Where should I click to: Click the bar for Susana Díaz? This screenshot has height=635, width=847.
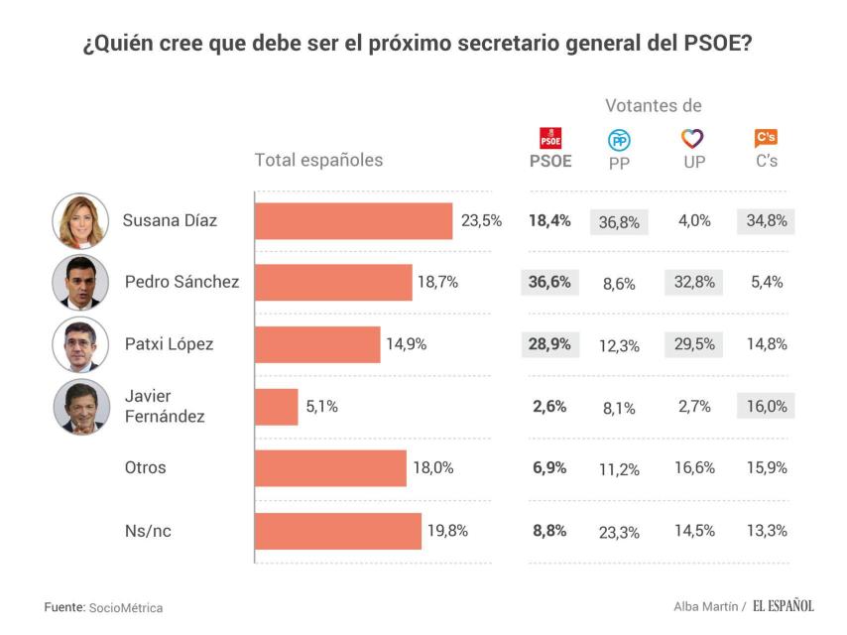pos(354,221)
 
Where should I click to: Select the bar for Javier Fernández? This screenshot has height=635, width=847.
pos(277,407)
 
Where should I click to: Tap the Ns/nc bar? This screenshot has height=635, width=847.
pos(338,531)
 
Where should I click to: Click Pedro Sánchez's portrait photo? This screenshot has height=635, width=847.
pos(80,283)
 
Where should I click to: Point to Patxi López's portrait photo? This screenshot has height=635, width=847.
pos(80,345)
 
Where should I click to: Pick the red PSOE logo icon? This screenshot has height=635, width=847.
pos(550,139)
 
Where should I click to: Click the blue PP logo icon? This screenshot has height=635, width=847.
pos(619,140)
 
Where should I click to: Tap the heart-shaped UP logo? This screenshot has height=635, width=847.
pos(693,139)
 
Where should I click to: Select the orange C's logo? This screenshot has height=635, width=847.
pos(766,139)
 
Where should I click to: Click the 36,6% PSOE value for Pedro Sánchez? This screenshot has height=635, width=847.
pos(549,283)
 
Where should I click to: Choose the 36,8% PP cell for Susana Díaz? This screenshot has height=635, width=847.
pos(619,222)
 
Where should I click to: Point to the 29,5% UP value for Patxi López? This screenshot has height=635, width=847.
pos(693,344)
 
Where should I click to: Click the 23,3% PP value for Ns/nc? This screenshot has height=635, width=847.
pos(619,531)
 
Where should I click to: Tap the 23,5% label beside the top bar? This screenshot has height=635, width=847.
pos(481,221)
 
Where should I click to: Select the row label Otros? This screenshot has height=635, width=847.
pos(145,467)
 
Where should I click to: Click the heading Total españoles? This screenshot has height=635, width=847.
pos(318,160)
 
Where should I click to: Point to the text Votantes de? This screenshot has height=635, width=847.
pos(654,105)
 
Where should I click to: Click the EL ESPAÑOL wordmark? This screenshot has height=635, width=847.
pos(783,606)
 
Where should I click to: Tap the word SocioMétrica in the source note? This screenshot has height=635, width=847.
pos(126,607)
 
